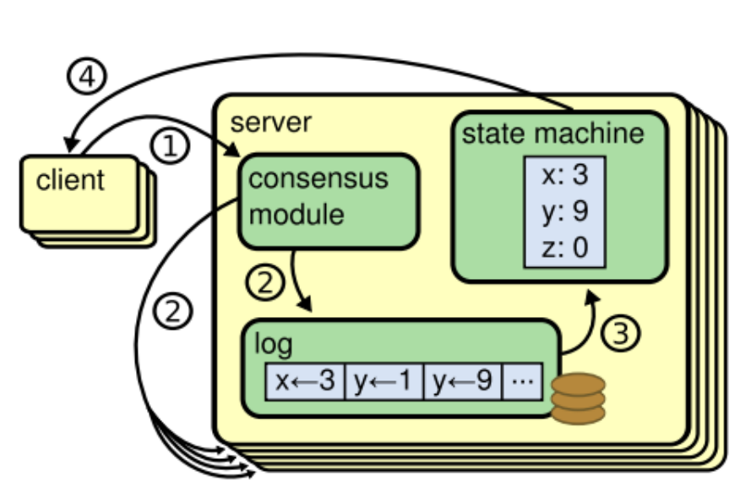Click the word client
click(x=70, y=180)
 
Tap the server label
click(x=270, y=122)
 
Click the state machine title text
click(x=552, y=134)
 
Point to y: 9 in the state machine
click(x=563, y=212)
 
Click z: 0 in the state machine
click(x=563, y=247)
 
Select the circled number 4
click(x=87, y=78)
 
